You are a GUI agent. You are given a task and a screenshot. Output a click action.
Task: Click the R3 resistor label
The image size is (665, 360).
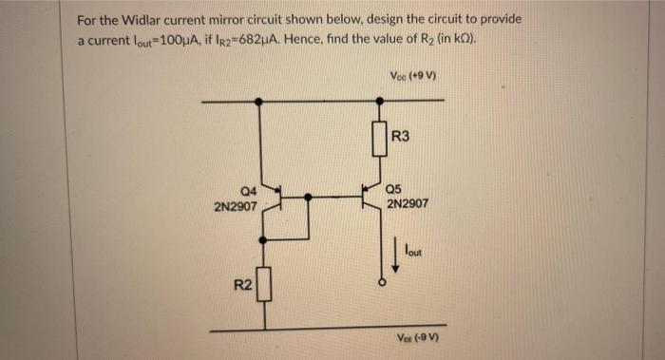tap(400, 137)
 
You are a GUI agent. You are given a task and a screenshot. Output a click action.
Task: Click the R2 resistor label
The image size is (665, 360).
tap(243, 285)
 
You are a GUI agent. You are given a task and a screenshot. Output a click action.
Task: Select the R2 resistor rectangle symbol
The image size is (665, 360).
tap(263, 283)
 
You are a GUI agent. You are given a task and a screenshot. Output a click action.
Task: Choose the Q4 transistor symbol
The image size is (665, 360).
tap(271, 196)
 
